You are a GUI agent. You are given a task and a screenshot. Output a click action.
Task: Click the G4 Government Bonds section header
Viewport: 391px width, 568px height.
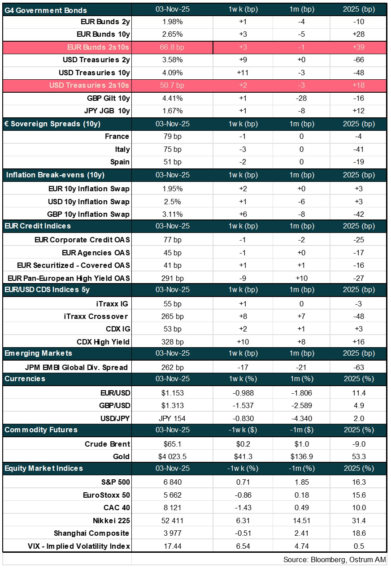tap(46, 10)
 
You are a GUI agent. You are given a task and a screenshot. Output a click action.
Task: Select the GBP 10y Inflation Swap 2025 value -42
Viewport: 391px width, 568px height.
tap(358, 214)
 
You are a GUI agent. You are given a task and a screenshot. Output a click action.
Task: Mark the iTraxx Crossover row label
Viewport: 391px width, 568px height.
tap(97, 316)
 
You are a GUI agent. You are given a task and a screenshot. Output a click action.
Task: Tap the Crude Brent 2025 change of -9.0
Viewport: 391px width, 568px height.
tap(358, 444)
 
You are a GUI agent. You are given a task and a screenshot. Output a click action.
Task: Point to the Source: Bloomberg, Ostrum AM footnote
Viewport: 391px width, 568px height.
tap(334, 560)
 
